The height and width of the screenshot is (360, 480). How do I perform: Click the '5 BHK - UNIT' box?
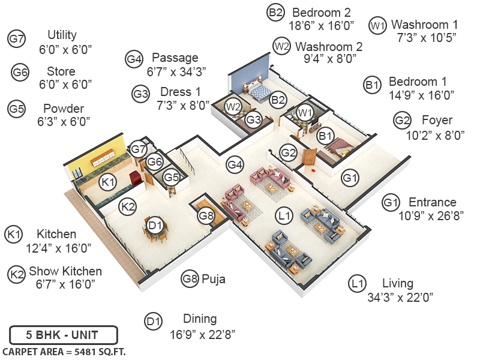point(63,335)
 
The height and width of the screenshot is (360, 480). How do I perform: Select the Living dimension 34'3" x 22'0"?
point(400,296)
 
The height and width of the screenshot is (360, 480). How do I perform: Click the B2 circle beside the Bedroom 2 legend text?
point(275,13)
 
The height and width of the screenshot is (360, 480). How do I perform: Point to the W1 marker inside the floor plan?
point(305,112)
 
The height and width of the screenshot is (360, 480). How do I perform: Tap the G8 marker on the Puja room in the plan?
point(206,215)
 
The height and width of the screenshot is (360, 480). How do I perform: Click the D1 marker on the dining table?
point(155,225)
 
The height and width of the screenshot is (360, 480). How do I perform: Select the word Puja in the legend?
point(214,278)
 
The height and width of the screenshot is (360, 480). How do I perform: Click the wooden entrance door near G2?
point(309,157)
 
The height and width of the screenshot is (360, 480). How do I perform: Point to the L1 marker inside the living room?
point(284,214)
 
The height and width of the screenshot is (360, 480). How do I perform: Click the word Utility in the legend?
point(62,35)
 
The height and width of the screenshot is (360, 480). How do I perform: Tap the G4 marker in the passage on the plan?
point(235,164)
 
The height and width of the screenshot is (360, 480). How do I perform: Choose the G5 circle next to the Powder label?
point(17,109)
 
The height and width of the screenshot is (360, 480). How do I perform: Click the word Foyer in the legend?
point(437,121)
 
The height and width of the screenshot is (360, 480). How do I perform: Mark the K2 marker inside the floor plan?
point(127,206)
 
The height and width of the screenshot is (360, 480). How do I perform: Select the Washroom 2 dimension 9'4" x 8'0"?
point(330,59)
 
